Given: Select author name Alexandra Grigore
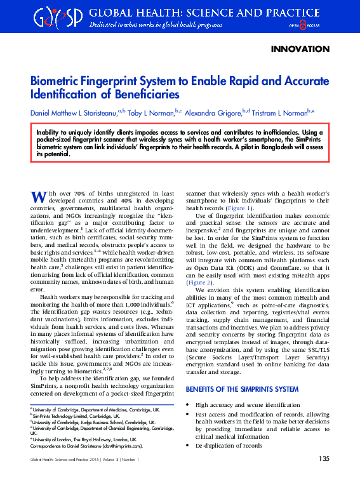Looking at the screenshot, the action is pyautogui.click(x=213, y=113).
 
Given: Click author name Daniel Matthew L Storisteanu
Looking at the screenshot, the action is pyautogui.click(x=74, y=113).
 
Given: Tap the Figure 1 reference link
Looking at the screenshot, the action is pyautogui.click(x=241, y=208).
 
